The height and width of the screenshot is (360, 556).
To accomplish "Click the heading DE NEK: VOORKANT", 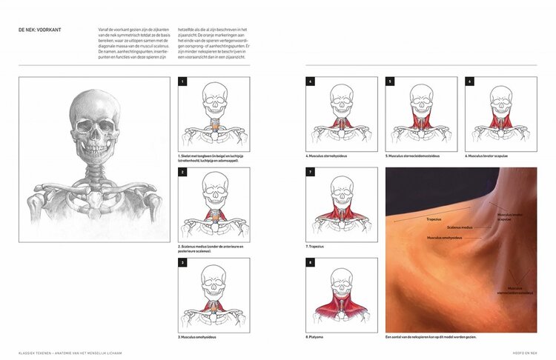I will [41, 30].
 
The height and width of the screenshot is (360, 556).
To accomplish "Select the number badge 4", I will [311, 81].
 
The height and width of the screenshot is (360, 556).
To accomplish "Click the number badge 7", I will [311, 171].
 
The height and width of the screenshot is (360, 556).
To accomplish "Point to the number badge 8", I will [311, 262].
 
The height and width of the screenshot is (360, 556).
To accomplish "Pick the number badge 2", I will [182, 171].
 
